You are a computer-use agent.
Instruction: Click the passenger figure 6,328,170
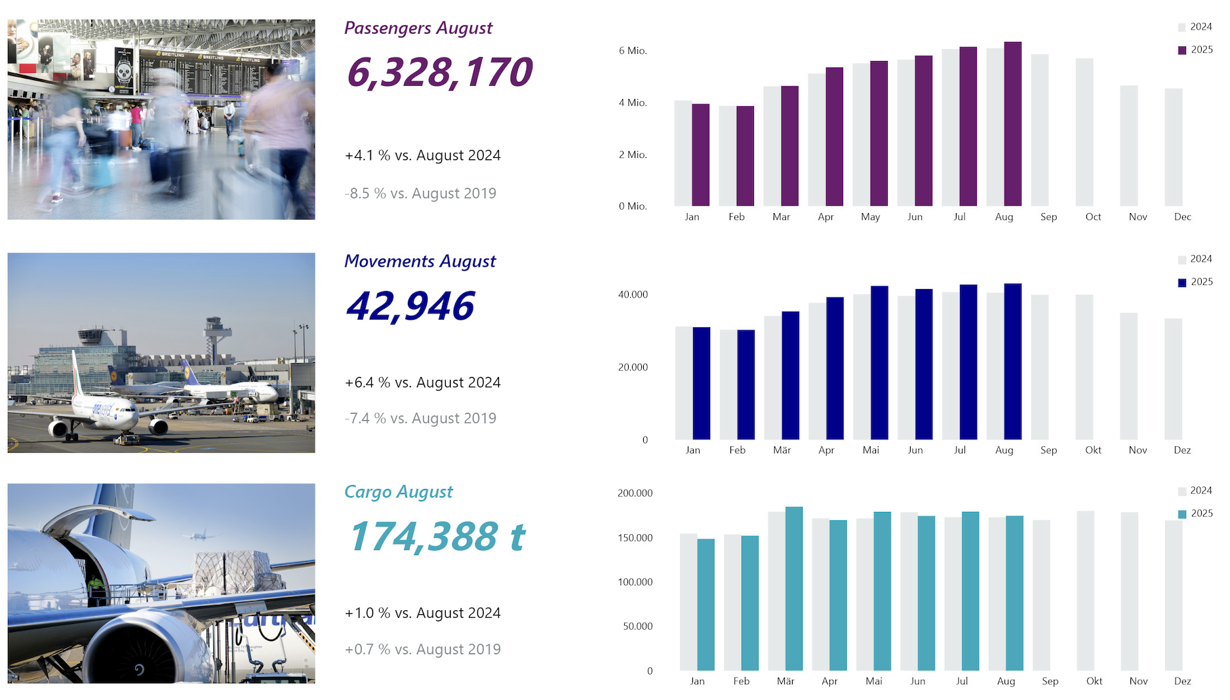439,72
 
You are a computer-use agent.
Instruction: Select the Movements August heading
420,262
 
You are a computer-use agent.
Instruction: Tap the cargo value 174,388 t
437,537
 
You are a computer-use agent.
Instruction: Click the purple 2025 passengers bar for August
1012,125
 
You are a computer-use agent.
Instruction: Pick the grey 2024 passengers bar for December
1173,147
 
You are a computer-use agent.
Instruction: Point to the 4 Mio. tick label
633,103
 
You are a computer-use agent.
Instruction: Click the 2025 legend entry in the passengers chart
1195,50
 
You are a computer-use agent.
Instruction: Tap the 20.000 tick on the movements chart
633,368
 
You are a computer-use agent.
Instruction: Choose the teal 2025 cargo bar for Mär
793,589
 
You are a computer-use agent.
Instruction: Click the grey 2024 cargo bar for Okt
1085,591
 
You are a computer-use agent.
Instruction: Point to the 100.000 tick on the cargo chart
635,582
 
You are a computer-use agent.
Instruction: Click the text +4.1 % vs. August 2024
422,156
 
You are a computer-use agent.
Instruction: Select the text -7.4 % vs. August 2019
420,419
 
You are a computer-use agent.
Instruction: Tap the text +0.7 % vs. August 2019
422,650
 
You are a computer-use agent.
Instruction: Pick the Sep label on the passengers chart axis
1048,217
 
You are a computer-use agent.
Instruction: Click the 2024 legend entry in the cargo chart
1195,491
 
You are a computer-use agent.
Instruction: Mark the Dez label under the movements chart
1182,450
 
